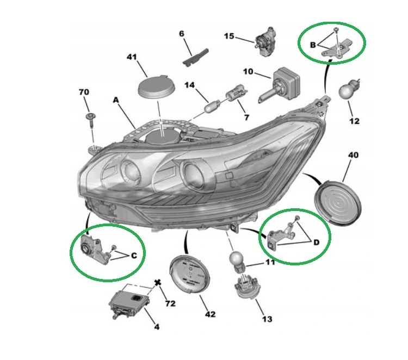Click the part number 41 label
(x=132, y=57)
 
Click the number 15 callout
(x=229, y=36)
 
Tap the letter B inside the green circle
(x=313, y=45)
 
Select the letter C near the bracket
(x=134, y=256)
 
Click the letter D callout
(x=316, y=243)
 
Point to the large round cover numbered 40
(x=338, y=203)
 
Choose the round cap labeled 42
(x=189, y=275)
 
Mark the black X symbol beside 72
(x=157, y=283)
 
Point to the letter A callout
(x=116, y=100)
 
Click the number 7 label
(x=246, y=117)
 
